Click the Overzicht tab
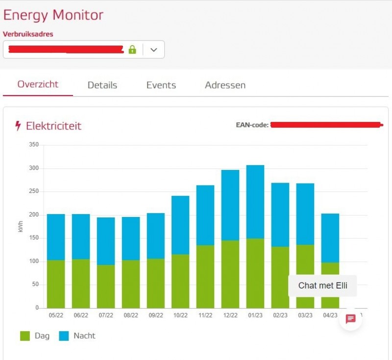click(38, 84)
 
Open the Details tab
click(102, 85)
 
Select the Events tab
click(161, 85)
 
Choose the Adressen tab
click(225, 85)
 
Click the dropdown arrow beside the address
click(154, 49)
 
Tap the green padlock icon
click(132, 49)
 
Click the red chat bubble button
click(350, 319)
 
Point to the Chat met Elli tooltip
click(322, 286)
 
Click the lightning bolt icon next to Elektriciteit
click(18, 126)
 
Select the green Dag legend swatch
click(25, 336)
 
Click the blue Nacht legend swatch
click(64, 336)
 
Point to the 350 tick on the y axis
click(33, 145)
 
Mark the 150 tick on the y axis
click(33, 238)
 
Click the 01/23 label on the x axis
click(255, 315)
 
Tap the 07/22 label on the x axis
click(106, 315)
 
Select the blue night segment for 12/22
click(230, 205)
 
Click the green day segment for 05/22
click(56, 284)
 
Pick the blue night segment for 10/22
click(180, 225)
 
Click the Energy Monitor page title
click(53, 15)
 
